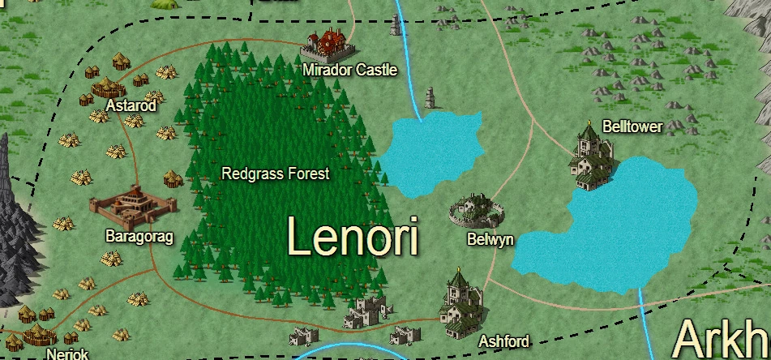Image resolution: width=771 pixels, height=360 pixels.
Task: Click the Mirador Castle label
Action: (x=350, y=71)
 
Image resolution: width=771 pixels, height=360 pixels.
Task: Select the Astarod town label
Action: (x=131, y=106)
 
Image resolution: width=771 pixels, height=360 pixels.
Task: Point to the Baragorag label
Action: (x=140, y=236)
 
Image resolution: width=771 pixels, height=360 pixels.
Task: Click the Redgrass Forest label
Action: (x=276, y=174)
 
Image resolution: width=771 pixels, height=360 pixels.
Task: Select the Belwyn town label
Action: (x=490, y=240)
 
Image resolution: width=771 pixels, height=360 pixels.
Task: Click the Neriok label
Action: (x=67, y=354)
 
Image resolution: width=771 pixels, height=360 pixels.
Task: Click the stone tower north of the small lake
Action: (x=430, y=98)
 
